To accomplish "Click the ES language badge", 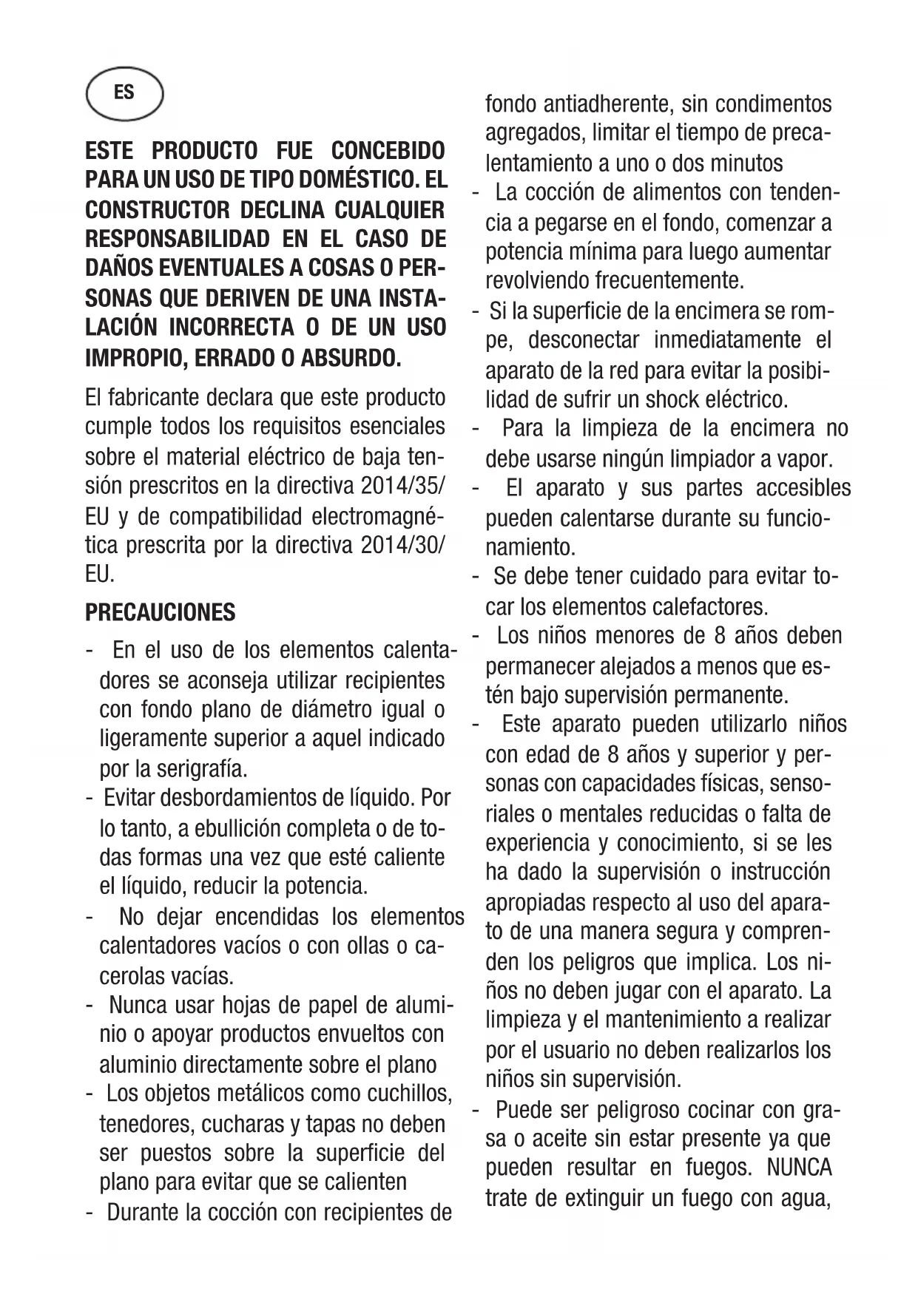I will [124, 93].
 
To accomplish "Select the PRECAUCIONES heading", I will [161, 612].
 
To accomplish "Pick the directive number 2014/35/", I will [404, 487].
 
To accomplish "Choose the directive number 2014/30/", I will [404, 546].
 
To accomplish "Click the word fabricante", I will [155, 398].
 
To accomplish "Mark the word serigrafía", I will [201, 769].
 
